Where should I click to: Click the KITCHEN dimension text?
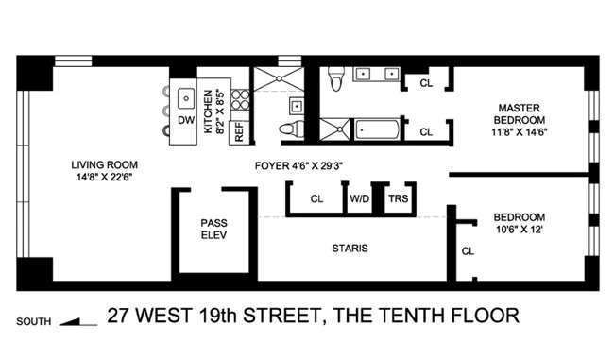click(214, 111)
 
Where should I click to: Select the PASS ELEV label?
click(213, 229)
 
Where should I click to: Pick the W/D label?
click(360, 199)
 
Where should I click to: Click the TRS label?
click(395, 199)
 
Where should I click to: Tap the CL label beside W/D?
click(316, 199)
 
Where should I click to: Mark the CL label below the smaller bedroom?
click(468, 251)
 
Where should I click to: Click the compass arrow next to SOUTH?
click(78, 321)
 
